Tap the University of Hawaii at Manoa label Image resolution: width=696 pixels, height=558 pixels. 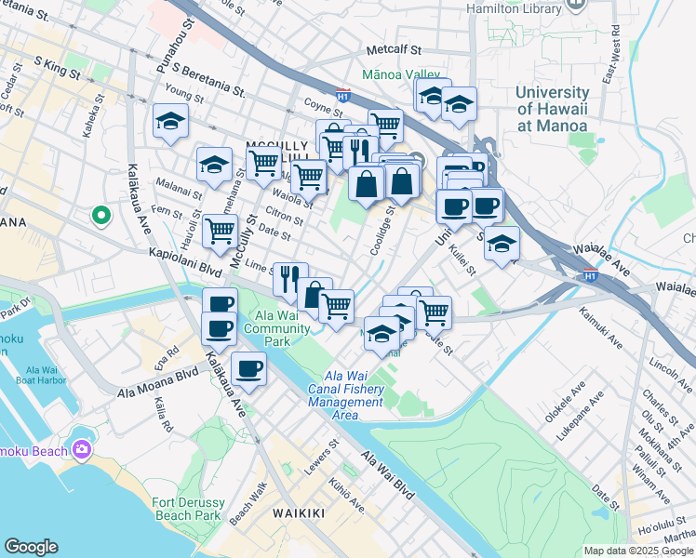coord(552,109)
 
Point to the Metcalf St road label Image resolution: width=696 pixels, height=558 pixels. coord(394,49)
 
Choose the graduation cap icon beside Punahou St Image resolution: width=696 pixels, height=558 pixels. coord(170,121)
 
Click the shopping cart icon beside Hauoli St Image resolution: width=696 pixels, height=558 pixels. coord(221,229)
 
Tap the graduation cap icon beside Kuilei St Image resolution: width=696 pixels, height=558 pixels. coord(502,243)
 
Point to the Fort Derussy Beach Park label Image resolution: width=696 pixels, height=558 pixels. coord(186,509)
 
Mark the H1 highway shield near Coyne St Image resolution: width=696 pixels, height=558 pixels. coord(342,94)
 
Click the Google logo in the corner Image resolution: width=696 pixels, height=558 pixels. coord(32,546)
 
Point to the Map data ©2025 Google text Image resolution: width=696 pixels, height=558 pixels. coord(637,551)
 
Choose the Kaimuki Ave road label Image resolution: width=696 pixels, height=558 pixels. coord(602,330)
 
